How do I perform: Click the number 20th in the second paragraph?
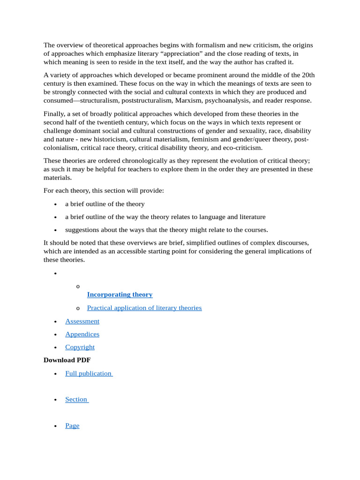pyautogui.click(x=308, y=75)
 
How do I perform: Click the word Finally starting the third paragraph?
pyautogui.click(x=53, y=114)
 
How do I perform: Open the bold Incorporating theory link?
pyautogui.click(x=120, y=294)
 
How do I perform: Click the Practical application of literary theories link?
pyautogui.click(x=144, y=308)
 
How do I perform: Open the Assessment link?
pyautogui.click(x=82, y=321)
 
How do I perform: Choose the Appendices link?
pyautogui.click(x=82, y=334)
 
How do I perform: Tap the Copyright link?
pyautogui.click(x=80, y=347)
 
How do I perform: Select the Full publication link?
pyautogui.click(x=89, y=374)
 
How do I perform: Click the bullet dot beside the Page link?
pyautogui.click(x=56, y=426)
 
